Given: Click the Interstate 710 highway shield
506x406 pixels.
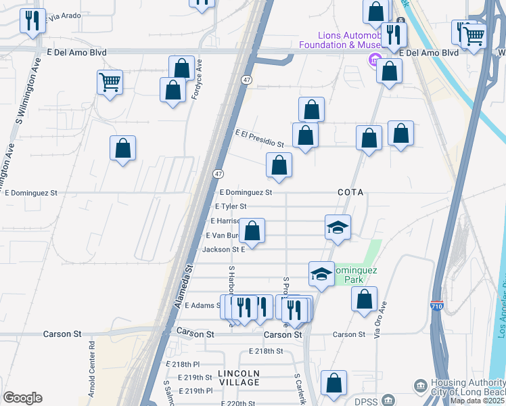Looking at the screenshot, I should [x=438, y=308].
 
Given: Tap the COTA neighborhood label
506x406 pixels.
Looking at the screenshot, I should [x=350, y=193].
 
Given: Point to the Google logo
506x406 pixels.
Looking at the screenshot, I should [x=22, y=397].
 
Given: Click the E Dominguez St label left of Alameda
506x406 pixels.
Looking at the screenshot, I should [x=31, y=193].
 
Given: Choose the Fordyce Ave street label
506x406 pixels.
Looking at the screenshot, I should [x=198, y=79].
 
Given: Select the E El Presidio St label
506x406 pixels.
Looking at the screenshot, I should [x=259, y=139].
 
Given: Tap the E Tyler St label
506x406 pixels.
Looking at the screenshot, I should [x=230, y=206].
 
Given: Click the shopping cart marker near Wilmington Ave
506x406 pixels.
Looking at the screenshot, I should [x=110, y=83].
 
